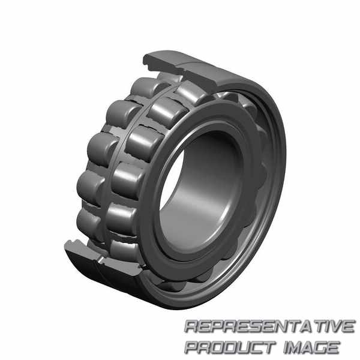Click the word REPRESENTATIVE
pyautogui.click(x=269, y=326)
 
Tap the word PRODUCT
pyautogui.click(x=230, y=347)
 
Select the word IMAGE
pyautogui.click(x=311, y=347)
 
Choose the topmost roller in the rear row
pyautogui.click(x=147, y=86)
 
